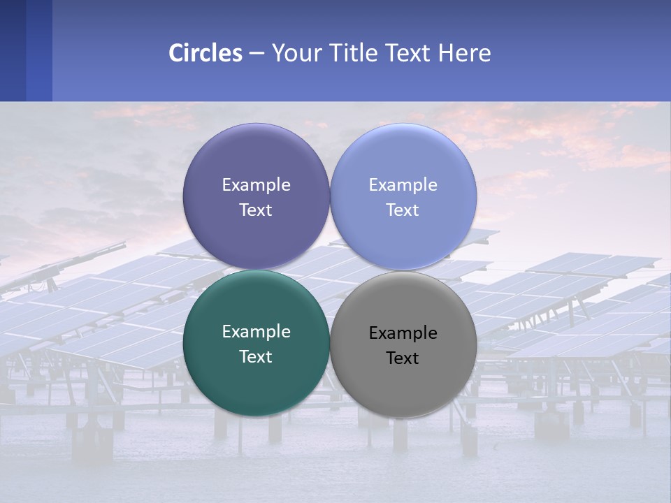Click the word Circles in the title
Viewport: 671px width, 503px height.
click(205, 53)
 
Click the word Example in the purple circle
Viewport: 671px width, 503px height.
click(256, 185)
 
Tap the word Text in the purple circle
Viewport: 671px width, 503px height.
click(256, 210)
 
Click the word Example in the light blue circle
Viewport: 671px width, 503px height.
click(403, 185)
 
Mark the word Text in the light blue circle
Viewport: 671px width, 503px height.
click(403, 210)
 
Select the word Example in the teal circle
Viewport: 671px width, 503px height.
click(256, 332)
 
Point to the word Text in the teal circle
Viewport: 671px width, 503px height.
click(256, 357)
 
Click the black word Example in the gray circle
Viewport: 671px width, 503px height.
click(403, 333)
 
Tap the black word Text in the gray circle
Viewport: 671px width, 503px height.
click(403, 358)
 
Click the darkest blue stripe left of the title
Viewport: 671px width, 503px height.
click(13, 50)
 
